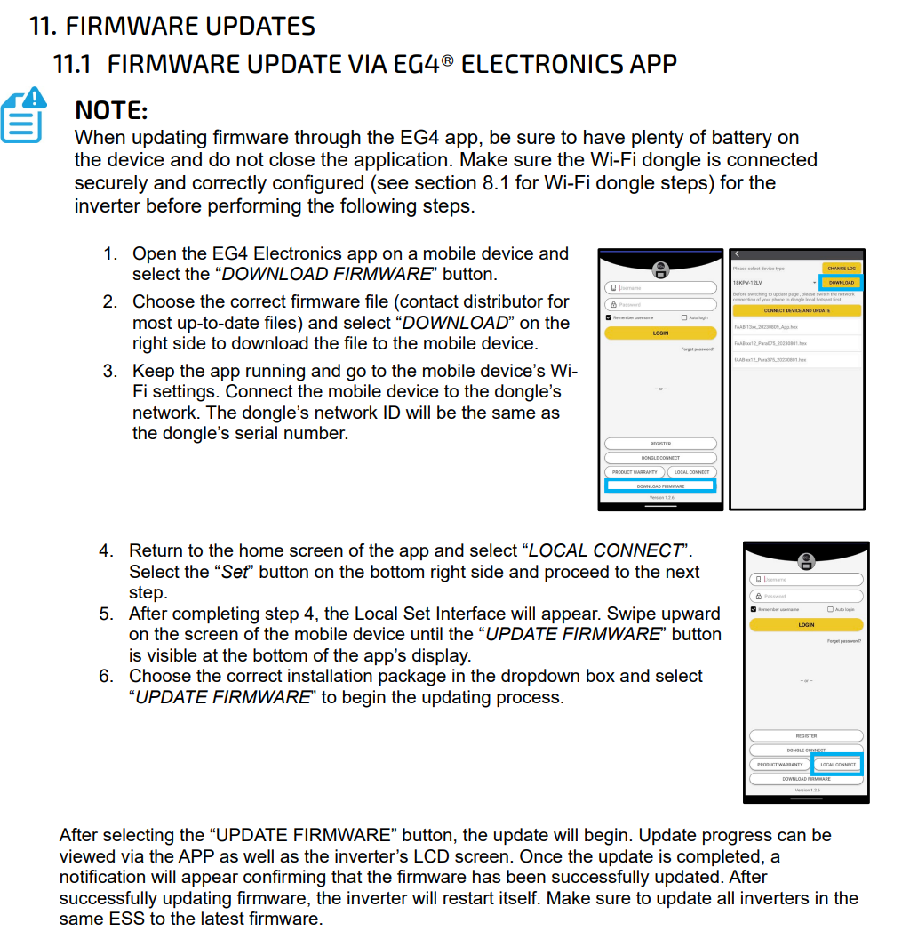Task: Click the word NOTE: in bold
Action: [111, 110]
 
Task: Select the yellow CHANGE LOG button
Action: [841, 268]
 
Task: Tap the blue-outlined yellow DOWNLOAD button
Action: [841, 283]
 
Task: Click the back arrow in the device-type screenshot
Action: [737, 254]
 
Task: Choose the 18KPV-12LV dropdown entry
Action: [748, 283]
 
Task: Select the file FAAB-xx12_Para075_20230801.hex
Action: [770, 343]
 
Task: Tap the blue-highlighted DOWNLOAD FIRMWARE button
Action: [660, 486]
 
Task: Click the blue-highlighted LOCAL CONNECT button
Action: [838, 765]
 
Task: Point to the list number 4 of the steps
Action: [106, 550]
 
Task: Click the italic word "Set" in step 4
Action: [235, 572]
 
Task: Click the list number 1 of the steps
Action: [109, 253]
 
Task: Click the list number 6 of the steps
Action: [106, 676]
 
